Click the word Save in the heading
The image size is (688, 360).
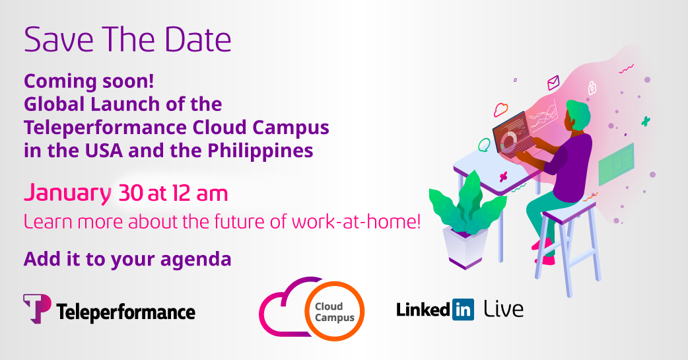click(x=59, y=40)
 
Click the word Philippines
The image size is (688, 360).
click(x=260, y=151)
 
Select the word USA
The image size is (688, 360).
click(x=104, y=151)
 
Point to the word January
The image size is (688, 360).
click(x=67, y=194)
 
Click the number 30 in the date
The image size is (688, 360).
click(x=131, y=193)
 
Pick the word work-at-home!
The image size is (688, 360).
click(x=356, y=222)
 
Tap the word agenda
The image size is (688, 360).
click(x=195, y=260)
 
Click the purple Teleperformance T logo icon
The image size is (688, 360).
click(x=37, y=308)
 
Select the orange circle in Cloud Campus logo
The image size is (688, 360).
click(x=334, y=311)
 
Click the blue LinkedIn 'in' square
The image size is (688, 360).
click(x=463, y=310)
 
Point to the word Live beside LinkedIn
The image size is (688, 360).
click(x=504, y=309)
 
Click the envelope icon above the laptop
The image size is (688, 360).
click(x=553, y=82)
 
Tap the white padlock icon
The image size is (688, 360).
click(x=592, y=88)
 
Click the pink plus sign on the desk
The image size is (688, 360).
click(x=503, y=177)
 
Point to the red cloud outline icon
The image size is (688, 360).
click(x=500, y=109)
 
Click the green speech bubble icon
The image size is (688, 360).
click(x=484, y=145)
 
